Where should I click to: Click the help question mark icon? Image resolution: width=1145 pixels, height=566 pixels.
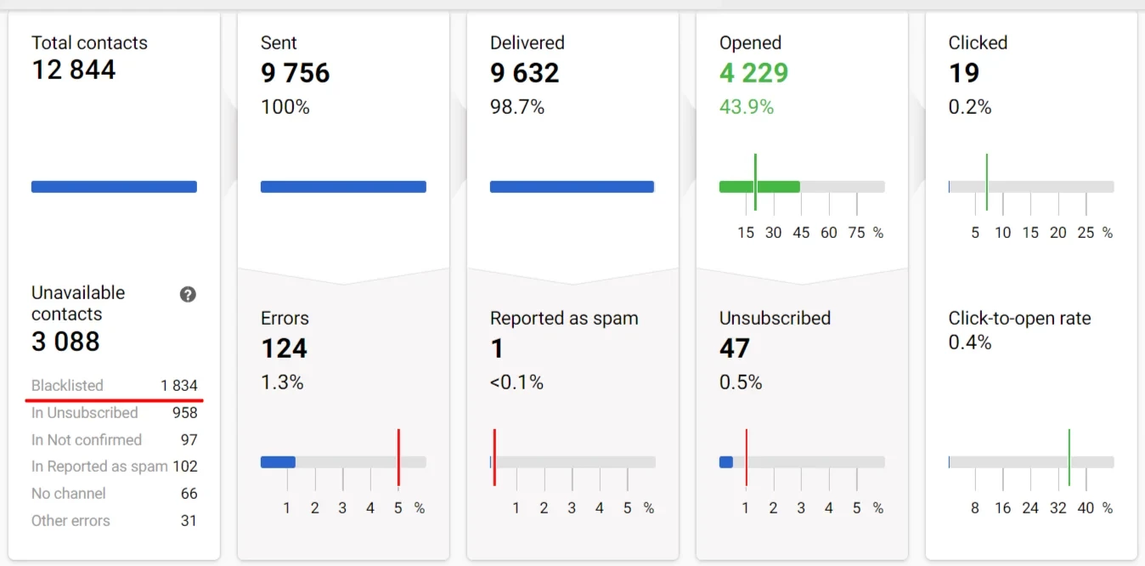coord(188,294)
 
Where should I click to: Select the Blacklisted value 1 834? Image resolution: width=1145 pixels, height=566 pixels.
coord(179,386)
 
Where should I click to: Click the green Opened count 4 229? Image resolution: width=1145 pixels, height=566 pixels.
coord(753,73)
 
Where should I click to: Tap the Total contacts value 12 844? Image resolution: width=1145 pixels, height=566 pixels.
coord(74,70)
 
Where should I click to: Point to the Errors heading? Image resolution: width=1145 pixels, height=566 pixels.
coord(285,319)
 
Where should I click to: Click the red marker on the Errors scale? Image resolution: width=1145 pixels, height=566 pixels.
coord(398,457)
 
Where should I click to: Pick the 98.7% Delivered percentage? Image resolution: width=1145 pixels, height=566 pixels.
coord(517,107)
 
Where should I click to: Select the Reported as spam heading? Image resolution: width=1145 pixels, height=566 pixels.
coord(564,319)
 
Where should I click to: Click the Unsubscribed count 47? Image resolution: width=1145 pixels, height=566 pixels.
coord(735,348)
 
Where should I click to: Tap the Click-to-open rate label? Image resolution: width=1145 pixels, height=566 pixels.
coord(1019,319)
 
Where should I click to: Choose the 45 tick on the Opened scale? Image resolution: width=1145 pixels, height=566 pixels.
coord(801,233)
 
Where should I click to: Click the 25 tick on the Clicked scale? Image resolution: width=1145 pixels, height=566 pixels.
coord(1086,233)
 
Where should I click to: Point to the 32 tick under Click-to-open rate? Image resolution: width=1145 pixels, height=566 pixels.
coord(1058,508)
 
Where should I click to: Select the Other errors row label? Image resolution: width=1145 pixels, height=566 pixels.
coord(71,521)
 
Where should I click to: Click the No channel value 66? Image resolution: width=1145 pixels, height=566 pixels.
coord(189,494)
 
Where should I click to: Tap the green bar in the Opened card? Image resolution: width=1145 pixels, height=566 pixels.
coord(759,187)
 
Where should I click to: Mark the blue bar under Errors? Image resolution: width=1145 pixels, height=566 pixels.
coord(278,462)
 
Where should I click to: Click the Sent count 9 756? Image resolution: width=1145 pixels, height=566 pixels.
coord(295,73)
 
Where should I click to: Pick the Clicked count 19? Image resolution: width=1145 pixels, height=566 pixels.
coord(964,73)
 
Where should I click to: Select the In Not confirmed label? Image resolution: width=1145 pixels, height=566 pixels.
coord(87,440)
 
